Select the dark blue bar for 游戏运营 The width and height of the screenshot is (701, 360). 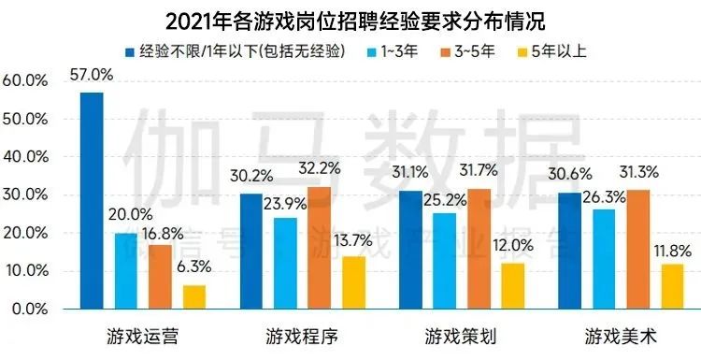coord(92,200)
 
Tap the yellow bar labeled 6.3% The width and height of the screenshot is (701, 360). coord(193,296)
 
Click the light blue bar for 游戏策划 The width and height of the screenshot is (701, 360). coord(445,260)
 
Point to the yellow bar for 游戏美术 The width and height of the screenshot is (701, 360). coord(671,286)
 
